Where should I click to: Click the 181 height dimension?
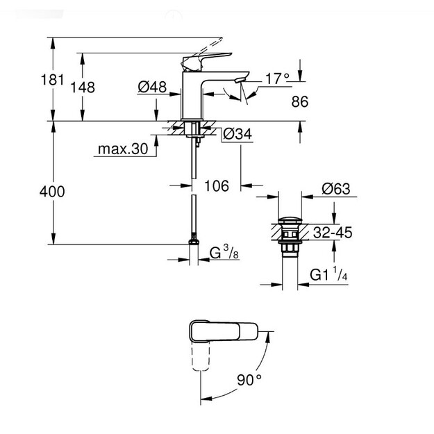[52, 80]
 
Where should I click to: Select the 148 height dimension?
[83, 87]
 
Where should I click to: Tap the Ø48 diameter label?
[152, 87]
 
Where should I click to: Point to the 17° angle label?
[277, 78]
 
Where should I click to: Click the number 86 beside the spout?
[300, 101]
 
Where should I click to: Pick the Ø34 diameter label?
[237, 134]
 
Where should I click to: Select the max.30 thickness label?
[123, 149]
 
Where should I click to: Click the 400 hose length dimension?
[52, 192]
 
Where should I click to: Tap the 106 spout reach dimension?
[217, 185]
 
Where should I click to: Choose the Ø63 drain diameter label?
[336, 189]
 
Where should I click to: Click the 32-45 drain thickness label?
[333, 233]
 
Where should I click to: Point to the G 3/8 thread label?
[224, 252]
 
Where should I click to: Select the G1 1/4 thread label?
[328, 274]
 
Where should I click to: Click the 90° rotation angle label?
[249, 379]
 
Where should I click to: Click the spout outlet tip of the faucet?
[240, 81]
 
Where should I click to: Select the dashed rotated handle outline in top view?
[201, 356]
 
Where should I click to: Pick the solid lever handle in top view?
[224, 331]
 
